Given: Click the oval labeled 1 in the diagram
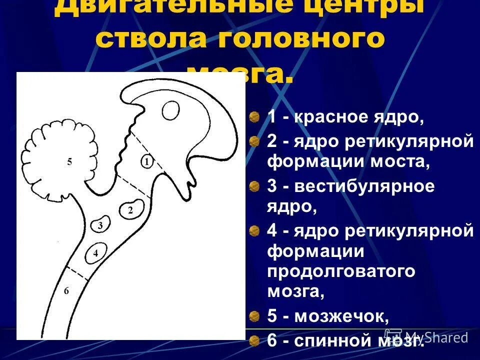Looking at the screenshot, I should pos(146,161).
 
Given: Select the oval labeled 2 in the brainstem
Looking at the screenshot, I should pos(130,209).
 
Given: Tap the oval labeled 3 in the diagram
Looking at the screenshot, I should pos(100,225).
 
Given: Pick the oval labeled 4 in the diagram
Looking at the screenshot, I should pos(95,253).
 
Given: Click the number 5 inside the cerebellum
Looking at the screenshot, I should pos(69,161).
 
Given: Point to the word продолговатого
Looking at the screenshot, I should pos(341,271).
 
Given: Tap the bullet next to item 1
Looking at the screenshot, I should pos(255,117).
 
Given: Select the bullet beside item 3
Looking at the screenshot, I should pos(255,186).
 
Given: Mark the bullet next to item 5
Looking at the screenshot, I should pos(255,316).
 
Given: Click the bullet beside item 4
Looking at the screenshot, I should pos(255,230).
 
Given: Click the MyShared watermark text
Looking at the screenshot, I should pos(435,337).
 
